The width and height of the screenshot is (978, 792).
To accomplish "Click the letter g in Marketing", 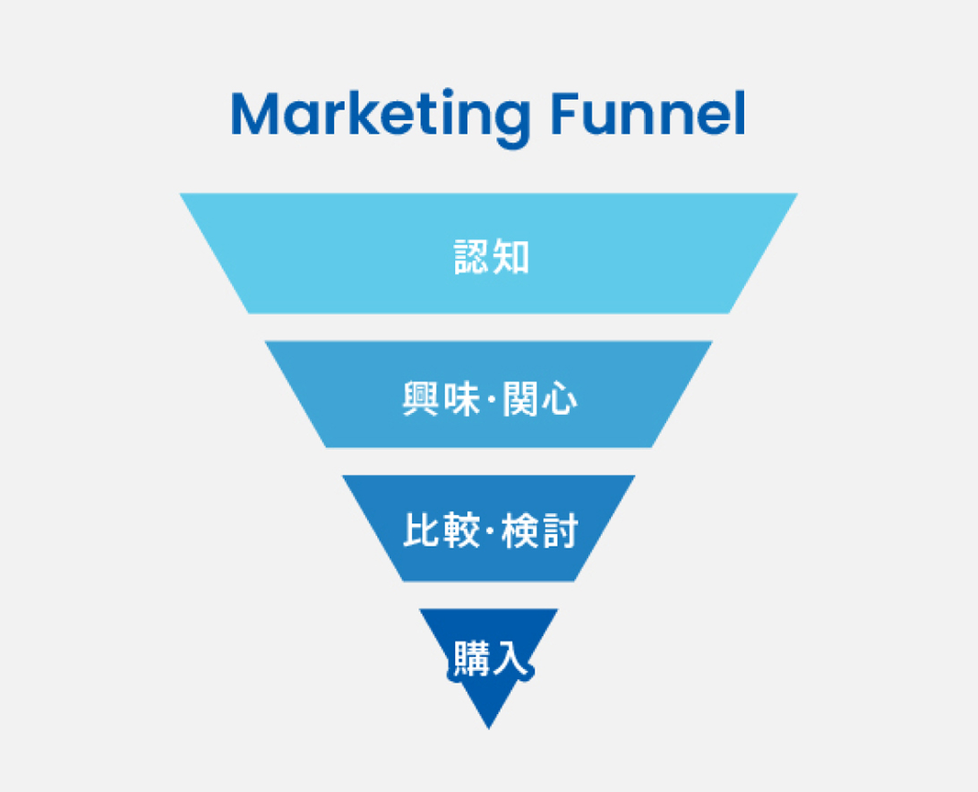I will coord(504,120).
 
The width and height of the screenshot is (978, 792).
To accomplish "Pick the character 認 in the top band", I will coord(468,257).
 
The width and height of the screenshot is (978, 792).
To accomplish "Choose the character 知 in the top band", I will coord(510,257).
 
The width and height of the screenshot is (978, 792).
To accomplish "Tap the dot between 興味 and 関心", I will coord(490,397).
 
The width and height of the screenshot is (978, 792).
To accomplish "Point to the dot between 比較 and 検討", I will coord(490,530).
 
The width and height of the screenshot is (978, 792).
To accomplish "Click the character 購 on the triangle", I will coord(468,659).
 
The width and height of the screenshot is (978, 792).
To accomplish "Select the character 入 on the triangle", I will coord(510,659).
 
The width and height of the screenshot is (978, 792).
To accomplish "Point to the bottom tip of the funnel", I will coord(489,727).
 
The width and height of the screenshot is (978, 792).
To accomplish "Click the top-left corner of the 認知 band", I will coord(181,194).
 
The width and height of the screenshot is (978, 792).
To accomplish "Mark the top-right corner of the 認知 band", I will coord(796,194).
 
